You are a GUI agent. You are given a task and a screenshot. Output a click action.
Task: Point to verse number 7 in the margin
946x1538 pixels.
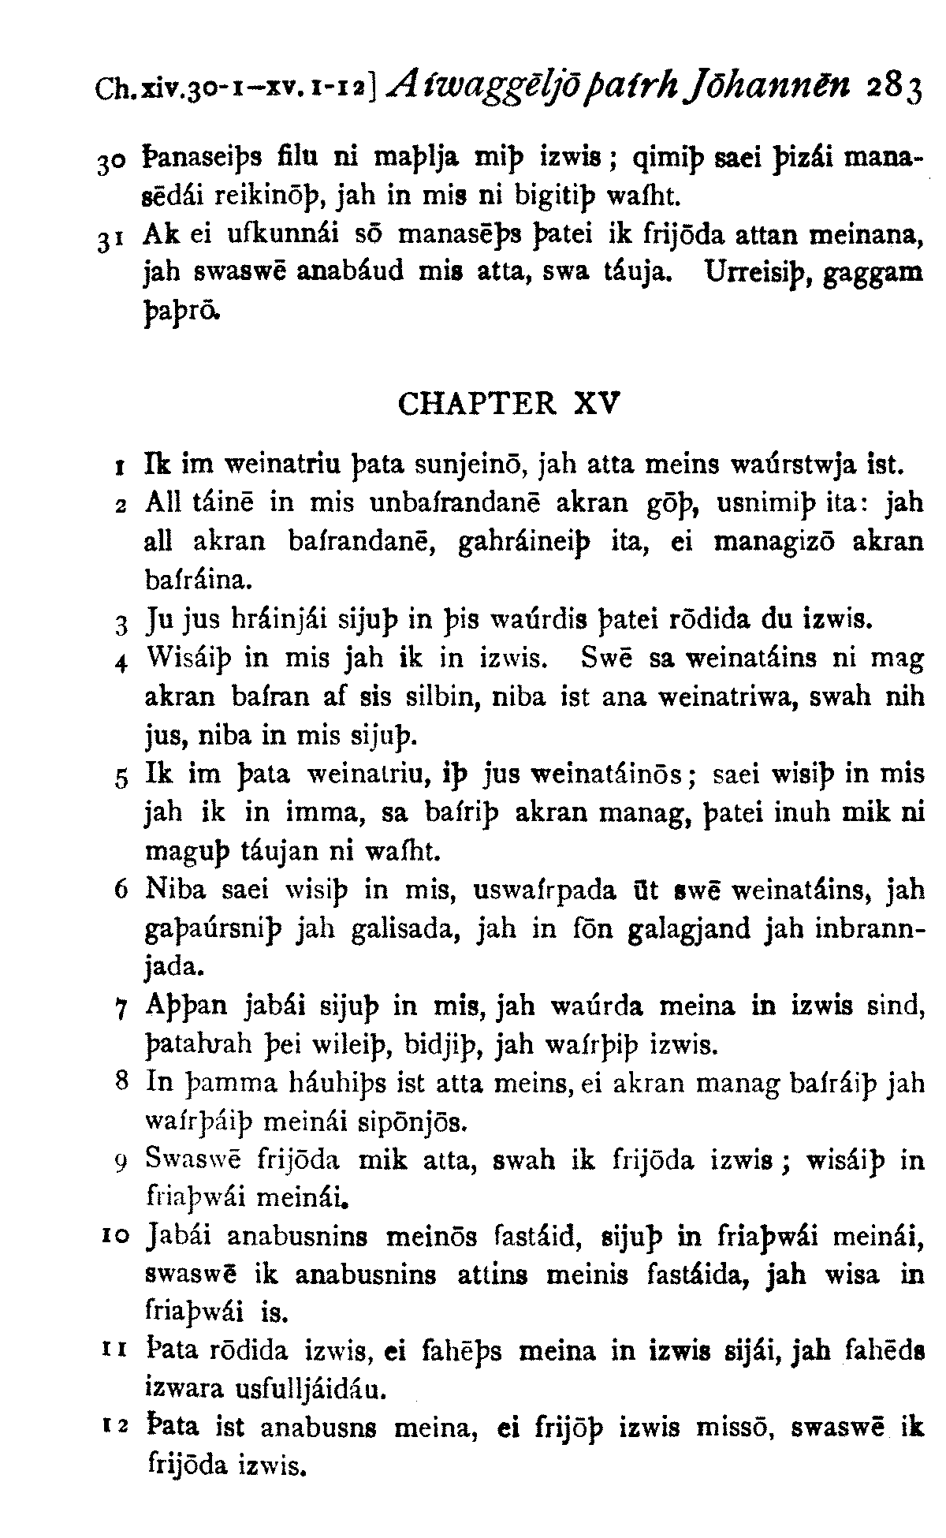[121, 1007]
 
